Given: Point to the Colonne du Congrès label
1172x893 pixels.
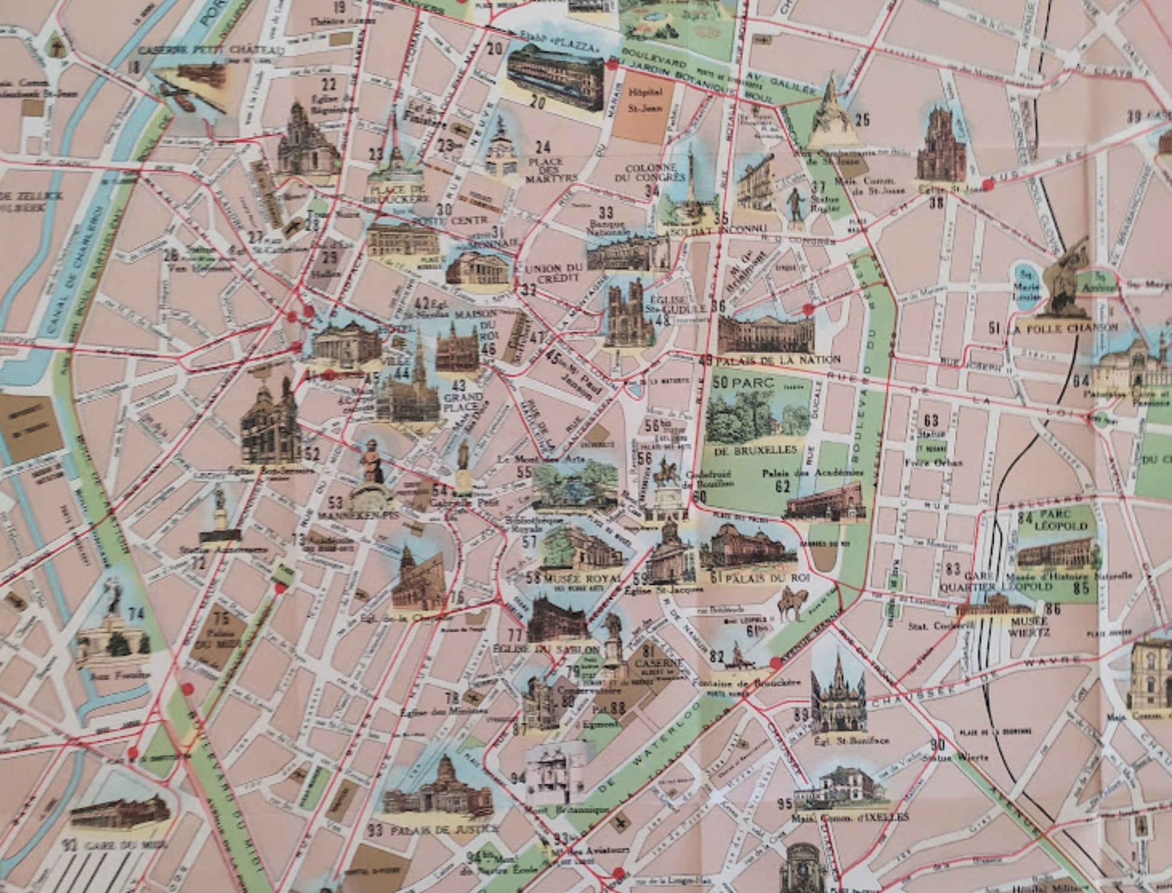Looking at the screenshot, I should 650,172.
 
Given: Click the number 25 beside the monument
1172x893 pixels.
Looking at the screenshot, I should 862,120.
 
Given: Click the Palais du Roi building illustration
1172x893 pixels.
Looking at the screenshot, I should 744,548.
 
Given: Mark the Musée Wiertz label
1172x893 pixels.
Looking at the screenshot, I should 1031,627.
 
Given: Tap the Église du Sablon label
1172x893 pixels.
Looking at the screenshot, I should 546,649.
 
